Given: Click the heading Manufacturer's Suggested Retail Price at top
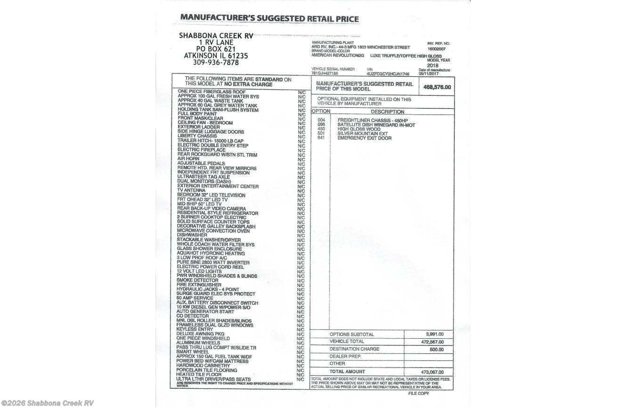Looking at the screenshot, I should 269,19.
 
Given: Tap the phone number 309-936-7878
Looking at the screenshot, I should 216,62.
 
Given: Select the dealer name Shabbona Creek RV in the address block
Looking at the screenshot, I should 216,36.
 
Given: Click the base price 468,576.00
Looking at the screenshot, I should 437,87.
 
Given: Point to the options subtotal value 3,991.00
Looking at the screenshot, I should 435,334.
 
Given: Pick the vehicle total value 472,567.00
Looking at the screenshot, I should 432,342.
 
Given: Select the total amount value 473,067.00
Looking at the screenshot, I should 432,372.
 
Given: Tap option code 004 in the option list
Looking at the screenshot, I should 321,120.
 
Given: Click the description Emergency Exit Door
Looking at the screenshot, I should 364,138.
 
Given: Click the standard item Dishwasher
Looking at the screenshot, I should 192,235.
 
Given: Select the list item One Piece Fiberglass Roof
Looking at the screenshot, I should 211,91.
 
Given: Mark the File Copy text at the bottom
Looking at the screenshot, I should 418,393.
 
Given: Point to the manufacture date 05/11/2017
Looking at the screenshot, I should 429,73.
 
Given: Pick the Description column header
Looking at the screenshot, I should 387,112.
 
